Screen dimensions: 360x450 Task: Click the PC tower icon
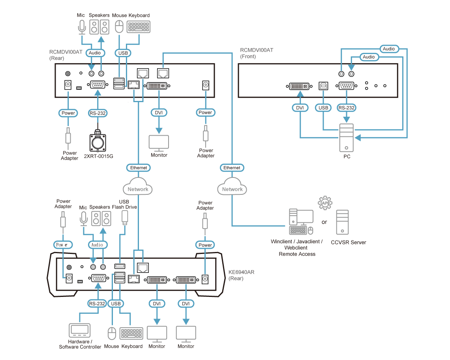click(x=346, y=138)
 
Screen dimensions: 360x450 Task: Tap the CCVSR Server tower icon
click(x=342, y=223)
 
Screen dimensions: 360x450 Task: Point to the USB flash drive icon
click(x=125, y=217)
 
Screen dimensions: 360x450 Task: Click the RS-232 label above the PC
click(x=346, y=107)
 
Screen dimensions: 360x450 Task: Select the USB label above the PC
click(x=323, y=107)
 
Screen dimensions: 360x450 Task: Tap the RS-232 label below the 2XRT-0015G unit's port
click(x=97, y=113)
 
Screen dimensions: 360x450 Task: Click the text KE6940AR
click(x=242, y=272)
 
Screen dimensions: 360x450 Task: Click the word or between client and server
click(x=324, y=222)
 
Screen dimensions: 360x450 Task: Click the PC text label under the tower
click(x=346, y=157)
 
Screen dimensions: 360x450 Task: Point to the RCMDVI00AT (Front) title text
click(x=257, y=53)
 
